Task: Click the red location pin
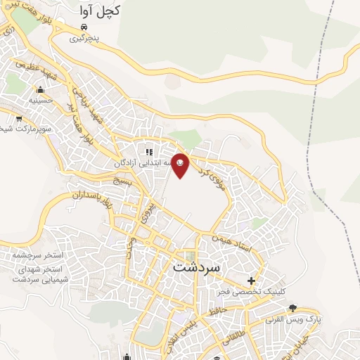click(x=181, y=165)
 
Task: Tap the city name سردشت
click(x=195, y=267)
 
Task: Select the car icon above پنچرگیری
click(x=84, y=27)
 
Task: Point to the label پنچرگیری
click(x=84, y=39)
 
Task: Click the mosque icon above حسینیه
click(x=39, y=89)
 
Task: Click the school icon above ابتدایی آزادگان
click(x=148, y=151)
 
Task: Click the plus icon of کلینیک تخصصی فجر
click(x=252, y=281)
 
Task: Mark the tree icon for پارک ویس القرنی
click(x=292, y=308)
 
